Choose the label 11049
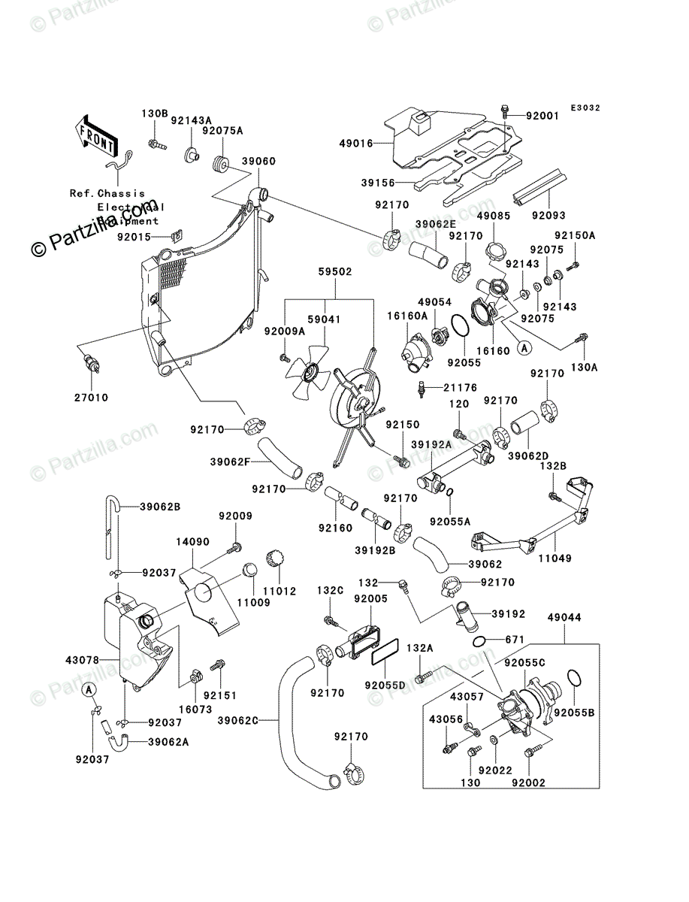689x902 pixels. coord(555,558)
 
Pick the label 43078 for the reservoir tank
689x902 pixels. coord(83,661)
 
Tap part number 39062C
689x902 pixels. coord(239,721)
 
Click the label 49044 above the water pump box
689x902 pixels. coord(564,617)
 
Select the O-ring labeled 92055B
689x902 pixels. coord(575,677)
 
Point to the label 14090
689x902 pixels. coord(193,541)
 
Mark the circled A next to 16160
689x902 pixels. coord(524,347)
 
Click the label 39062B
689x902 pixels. coord(159,506)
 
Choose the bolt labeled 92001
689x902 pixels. coord(506,112)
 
